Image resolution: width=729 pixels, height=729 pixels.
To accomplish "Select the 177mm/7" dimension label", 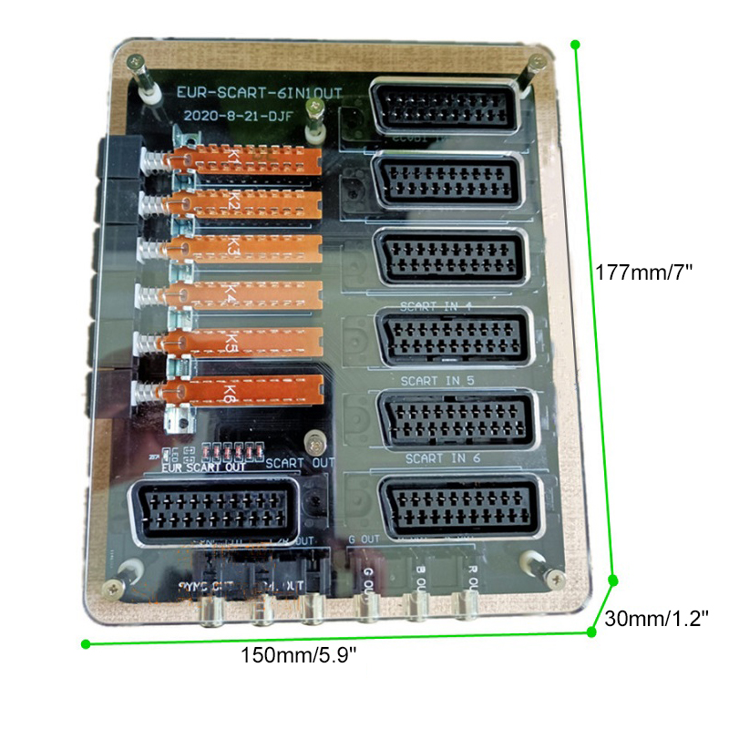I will [x=645, y=272].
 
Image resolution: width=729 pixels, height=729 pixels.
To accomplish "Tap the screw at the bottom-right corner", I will [x=554, y=576].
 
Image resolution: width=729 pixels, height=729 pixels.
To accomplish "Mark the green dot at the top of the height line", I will [x=575, y=43].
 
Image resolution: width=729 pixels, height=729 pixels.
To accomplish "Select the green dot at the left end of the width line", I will [x=86, y=644].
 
